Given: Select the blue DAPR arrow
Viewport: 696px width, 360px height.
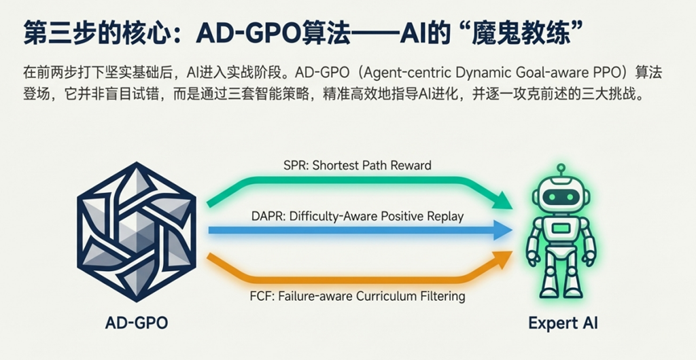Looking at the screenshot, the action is point(360,230).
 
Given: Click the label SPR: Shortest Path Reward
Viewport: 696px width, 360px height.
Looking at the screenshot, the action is point(358,165).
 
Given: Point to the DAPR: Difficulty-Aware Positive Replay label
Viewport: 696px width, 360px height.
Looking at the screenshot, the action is point(358,217).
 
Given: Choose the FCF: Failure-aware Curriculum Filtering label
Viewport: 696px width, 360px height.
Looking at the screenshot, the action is point(358,295).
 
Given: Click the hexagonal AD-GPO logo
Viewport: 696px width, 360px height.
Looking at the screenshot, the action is point(136,232).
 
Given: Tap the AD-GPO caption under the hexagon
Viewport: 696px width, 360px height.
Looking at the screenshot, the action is point(136,323).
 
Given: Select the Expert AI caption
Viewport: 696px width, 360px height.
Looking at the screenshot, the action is point(563,323).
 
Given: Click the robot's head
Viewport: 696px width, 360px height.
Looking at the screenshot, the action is point(561,195).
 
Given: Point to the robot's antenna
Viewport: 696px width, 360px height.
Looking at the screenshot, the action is point(561,170).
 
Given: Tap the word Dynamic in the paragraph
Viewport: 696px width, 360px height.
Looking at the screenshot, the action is point(455,73).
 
